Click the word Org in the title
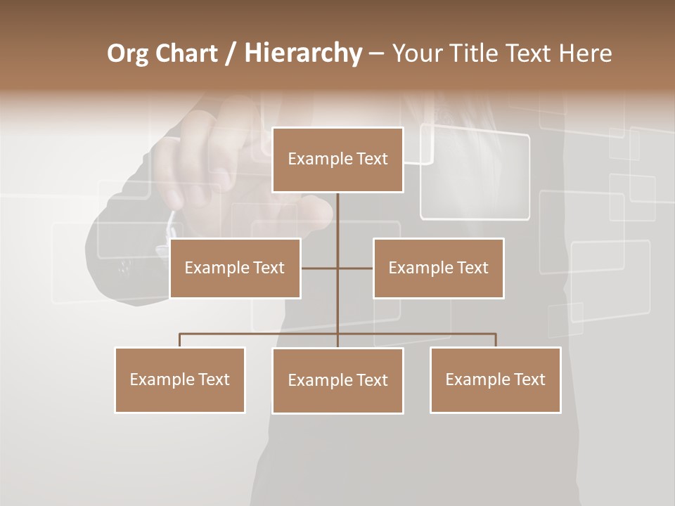point(127,53)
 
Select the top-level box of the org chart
point(337,160)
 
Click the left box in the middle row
point(235,268)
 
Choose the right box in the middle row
point(438,268)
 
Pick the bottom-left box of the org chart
point(180,379)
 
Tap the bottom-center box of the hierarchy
point(337,380)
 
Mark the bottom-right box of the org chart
point(495,379)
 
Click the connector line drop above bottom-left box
point(180,340)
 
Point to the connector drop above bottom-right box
point(495,340)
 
